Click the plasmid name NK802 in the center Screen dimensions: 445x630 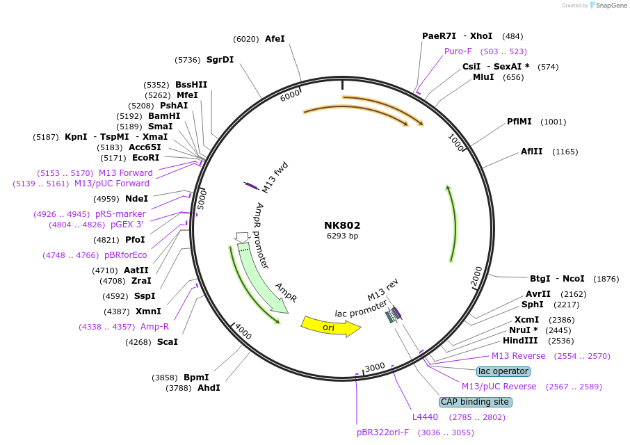342,225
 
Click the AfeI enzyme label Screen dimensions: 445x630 275,40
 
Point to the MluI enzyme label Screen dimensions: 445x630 483,77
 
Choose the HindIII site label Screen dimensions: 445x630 520,341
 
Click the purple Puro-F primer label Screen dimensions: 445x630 458,51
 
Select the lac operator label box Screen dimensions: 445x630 503,371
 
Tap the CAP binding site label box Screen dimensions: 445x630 476,402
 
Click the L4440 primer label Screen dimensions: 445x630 425,417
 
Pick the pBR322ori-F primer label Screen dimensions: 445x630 383,432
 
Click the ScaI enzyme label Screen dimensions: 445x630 167,342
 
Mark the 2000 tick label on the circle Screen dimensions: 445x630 476,276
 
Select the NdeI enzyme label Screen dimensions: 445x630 136,199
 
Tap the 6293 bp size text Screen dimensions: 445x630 342,236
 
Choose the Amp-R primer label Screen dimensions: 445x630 154,327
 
